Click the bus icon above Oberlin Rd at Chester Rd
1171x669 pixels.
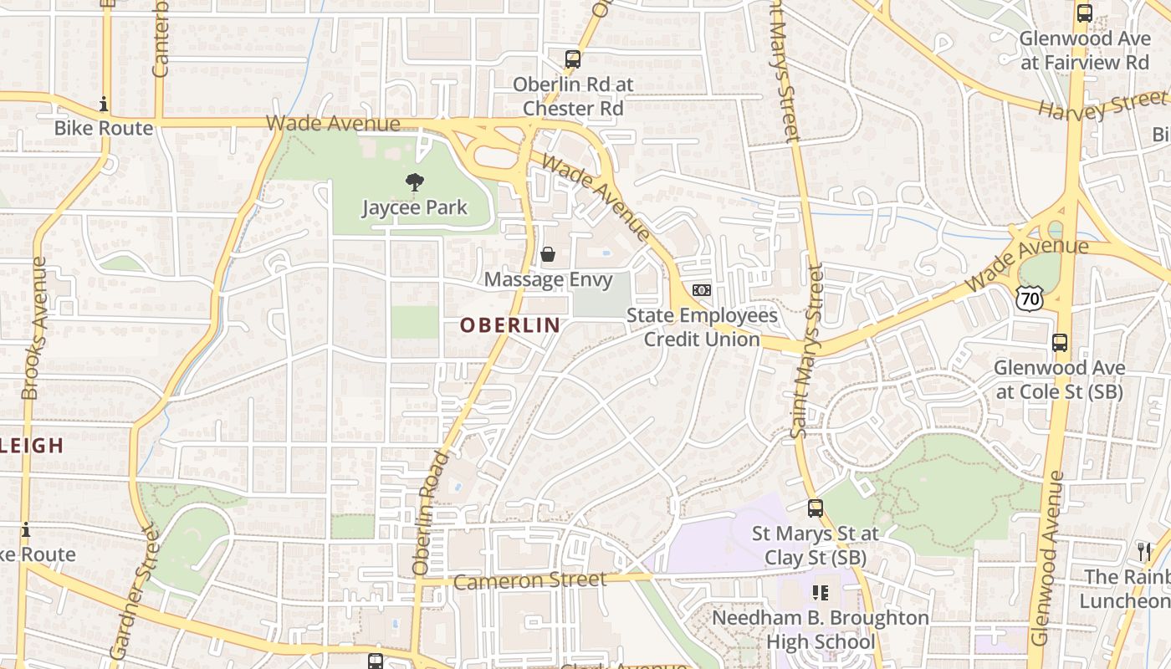(572, 59)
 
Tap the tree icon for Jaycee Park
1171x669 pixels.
(414, 182)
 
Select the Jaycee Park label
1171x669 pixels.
(414, 207)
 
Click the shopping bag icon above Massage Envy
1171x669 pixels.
(548, 254)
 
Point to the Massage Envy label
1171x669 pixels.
(548, 279)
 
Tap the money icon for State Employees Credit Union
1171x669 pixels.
(702, 289)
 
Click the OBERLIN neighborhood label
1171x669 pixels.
(509, 324)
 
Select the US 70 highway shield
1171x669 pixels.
(1030, 297)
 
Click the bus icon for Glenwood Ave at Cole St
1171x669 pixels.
(1060, 343)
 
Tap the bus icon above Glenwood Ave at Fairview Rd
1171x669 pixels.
(1085, 13)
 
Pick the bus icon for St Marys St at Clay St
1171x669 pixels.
(815, 508)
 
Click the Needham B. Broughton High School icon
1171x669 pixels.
(821, 593)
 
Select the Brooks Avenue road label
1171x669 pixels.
(33, 328)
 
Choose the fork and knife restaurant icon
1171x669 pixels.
(1144, 551)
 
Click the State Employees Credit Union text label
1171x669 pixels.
(702, 327)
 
